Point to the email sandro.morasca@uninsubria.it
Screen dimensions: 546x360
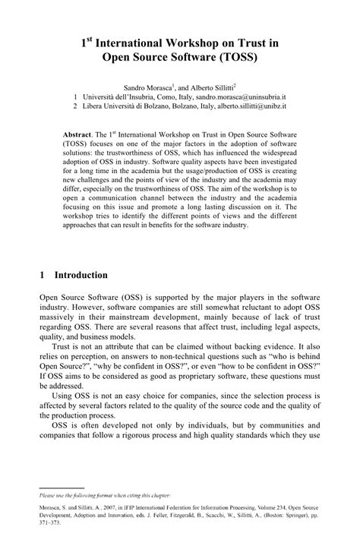point(241,98)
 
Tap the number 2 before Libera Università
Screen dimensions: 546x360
point(74,109)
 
